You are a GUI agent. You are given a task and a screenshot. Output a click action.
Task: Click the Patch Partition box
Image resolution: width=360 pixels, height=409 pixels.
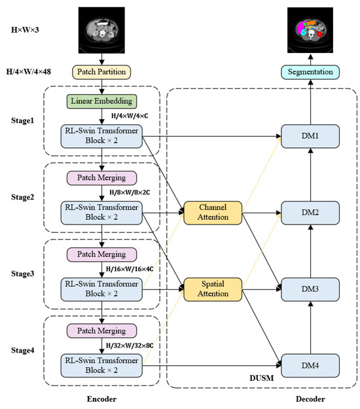(101, 71)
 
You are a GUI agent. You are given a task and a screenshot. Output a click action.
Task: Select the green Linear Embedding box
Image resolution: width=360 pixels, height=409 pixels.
(101, 101)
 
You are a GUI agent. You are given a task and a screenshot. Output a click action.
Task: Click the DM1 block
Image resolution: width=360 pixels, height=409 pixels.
(311, 137)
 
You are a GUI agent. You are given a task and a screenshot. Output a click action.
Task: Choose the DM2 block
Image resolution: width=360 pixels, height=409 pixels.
(311, 212)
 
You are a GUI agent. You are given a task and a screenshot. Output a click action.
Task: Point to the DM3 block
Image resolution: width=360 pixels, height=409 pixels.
(311, 287)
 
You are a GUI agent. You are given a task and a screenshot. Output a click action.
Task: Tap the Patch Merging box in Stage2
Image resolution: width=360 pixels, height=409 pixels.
(101, 178)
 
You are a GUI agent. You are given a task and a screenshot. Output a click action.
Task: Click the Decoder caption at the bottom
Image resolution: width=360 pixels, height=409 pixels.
(310, 398)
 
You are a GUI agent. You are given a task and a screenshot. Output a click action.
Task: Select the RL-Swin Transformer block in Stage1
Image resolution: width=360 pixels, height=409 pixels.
(101, 137)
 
